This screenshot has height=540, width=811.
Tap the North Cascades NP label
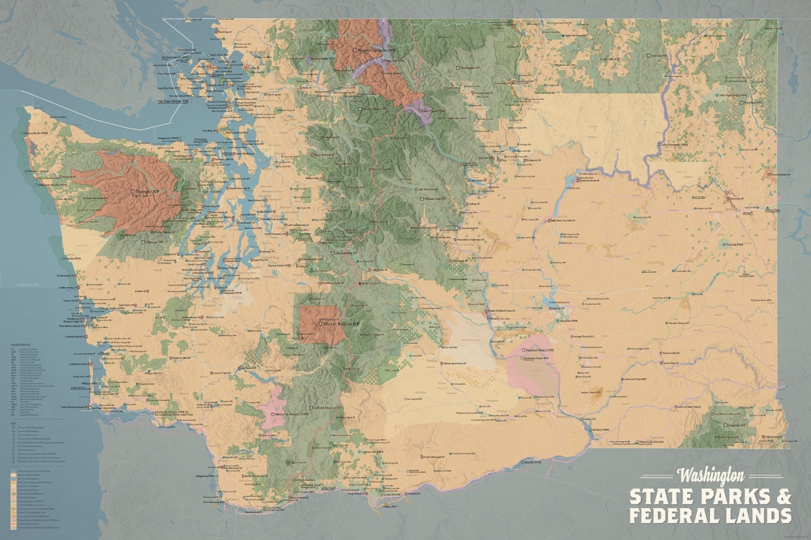click(376, 50)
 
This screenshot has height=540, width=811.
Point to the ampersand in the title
click(783, 495)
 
